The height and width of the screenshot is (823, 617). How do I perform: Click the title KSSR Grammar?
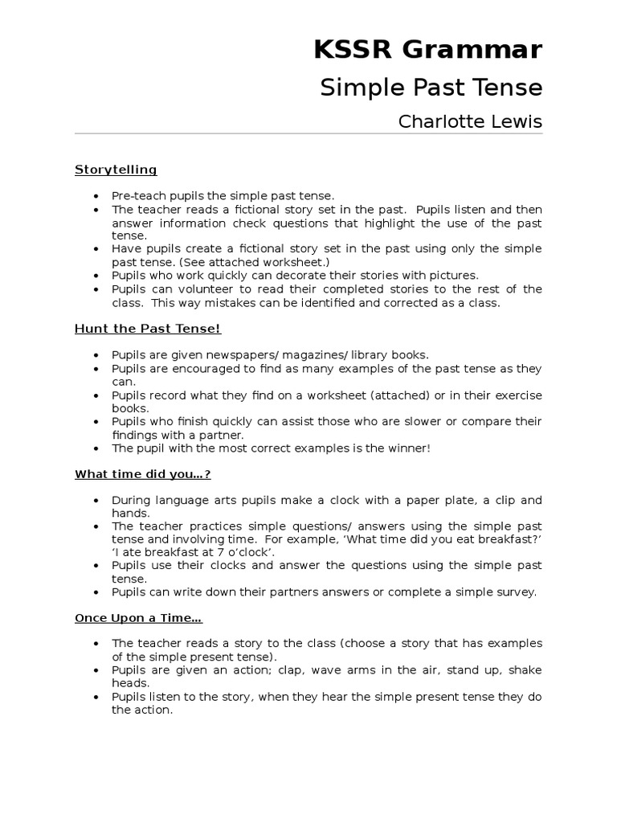(x=428, y=50)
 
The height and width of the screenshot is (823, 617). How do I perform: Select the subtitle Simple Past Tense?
(x=431, y=88)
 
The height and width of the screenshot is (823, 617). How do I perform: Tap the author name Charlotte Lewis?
(x=470, y=122)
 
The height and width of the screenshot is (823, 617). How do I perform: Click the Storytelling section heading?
(x=116, y=170)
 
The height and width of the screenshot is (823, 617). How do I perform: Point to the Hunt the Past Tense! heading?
(x=147, y=328)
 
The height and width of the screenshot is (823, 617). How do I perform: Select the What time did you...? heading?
(x=142, y=474)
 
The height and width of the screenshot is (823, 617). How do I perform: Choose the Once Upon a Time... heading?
(x=138, y=617)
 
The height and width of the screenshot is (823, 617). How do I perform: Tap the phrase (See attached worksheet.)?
(x=255, y=262)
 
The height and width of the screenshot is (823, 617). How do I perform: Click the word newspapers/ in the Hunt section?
(x=250, y=354)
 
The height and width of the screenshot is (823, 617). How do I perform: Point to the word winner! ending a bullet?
(x=410, y=448)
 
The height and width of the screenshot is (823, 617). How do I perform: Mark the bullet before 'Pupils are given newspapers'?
(x=96, y=354)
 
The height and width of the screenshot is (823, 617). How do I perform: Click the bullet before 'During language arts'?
(x=96, y=500)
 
